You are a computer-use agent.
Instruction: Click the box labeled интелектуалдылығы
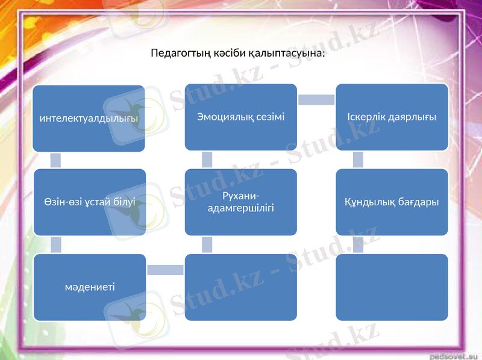point(89,118)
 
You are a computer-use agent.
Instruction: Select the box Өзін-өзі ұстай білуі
point(89,202)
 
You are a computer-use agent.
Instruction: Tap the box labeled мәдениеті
point(89,287)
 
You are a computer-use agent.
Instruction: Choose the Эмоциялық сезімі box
point(240,117)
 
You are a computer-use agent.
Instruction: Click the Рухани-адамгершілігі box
point(240,202)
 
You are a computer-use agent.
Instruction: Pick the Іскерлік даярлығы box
point(392,117)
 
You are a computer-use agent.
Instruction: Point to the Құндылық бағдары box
point(392,202)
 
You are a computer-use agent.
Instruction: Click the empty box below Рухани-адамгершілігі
point(240,287)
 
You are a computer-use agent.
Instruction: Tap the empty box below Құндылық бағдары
point(392,287)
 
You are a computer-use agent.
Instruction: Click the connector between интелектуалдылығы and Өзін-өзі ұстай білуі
point(55,160)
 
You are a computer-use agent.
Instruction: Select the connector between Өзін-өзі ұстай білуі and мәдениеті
point(55,244)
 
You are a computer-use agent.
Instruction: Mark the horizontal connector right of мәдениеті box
point(164,270)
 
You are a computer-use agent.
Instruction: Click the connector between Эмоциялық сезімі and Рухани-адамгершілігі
point(207,160)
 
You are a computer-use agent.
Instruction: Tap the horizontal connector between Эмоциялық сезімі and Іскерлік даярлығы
point(316,99)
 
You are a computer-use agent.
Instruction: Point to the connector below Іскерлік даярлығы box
point(358,160)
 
